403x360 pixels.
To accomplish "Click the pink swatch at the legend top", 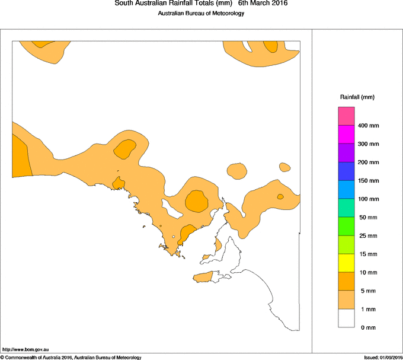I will (346, 116).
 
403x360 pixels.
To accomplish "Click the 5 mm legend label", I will (366, 291).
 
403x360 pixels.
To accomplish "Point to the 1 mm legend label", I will (366, 310).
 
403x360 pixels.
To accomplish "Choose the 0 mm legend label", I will (366, 328).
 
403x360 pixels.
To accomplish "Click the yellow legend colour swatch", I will (346, 263).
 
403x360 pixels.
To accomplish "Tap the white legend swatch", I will (346, 318).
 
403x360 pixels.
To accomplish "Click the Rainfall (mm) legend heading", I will (357, 97).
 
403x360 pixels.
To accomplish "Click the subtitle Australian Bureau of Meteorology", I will (201, 14).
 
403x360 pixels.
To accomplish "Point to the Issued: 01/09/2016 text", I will (383, 357).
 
